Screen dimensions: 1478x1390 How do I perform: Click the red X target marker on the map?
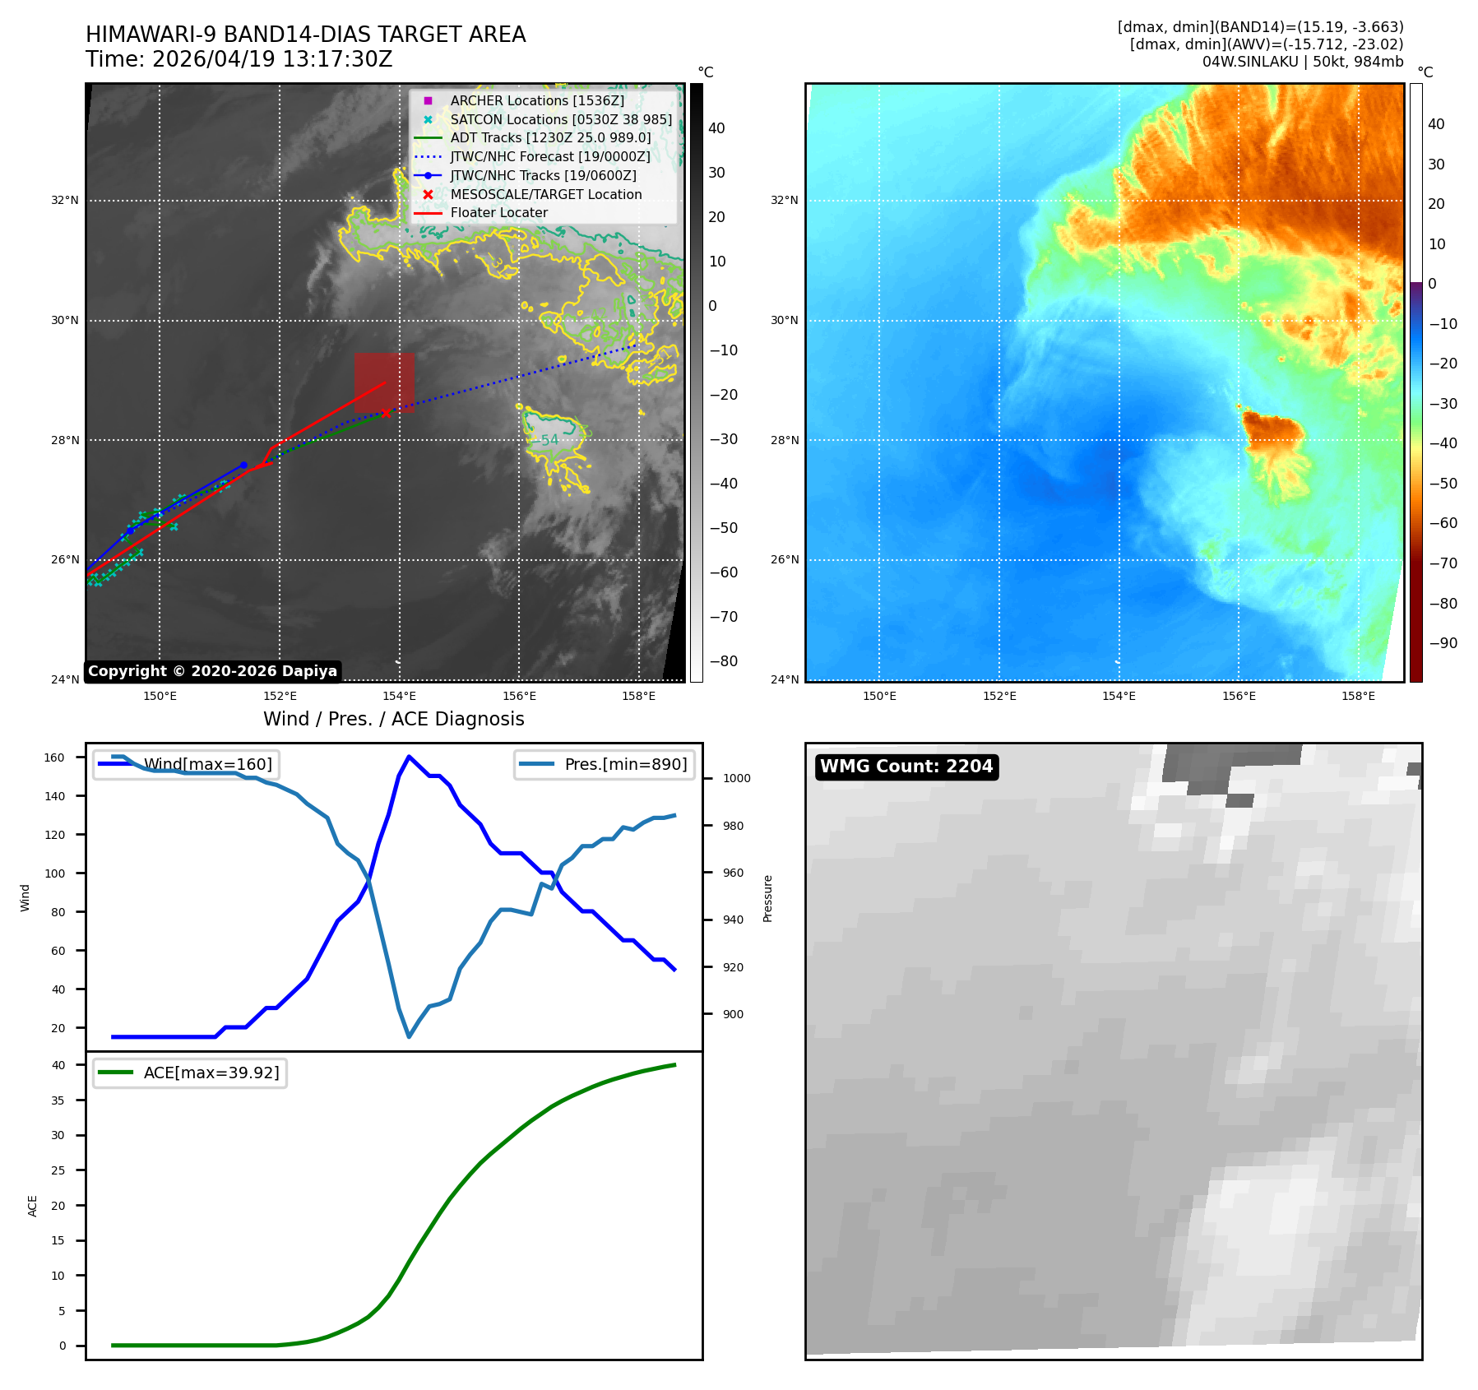pos(386,413)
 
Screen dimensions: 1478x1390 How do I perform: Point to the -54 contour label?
pos(545,440)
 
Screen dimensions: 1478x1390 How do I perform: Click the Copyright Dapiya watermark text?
pos(212,671)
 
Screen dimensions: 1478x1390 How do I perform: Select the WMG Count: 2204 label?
pos(906,767)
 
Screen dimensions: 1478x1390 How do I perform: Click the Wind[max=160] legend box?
pos(186,764)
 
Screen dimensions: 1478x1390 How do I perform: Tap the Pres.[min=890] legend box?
pos(605,764)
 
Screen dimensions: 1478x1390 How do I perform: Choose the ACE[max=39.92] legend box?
pos(190,1073)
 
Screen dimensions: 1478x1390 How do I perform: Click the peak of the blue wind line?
pos(409,757)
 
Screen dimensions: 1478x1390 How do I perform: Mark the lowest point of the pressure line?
pos(409,1036)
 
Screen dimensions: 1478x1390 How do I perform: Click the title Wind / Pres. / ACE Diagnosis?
pos(394,719)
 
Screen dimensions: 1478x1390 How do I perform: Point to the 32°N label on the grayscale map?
pos(65,200)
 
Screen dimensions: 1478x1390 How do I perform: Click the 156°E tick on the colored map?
pos(1239,696)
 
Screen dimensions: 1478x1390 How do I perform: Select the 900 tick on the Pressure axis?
pos(733,1014)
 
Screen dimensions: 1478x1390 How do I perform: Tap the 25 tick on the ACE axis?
pos(58,1170)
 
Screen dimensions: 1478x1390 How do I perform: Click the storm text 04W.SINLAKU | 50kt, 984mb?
pos(1303,62)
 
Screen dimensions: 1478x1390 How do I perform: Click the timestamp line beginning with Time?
pos(239,59)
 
